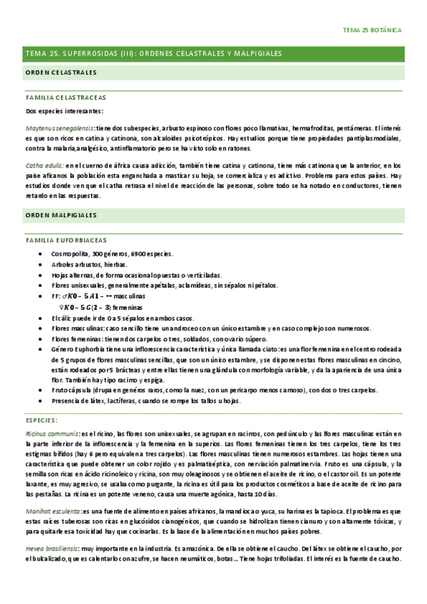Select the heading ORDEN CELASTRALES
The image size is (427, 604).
click(x=61, y=73)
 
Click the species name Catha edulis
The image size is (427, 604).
click(x=44, y=165)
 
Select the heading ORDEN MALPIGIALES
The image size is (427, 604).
click(x=61, y=214)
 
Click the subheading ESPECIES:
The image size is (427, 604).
click(x=43, y=420)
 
